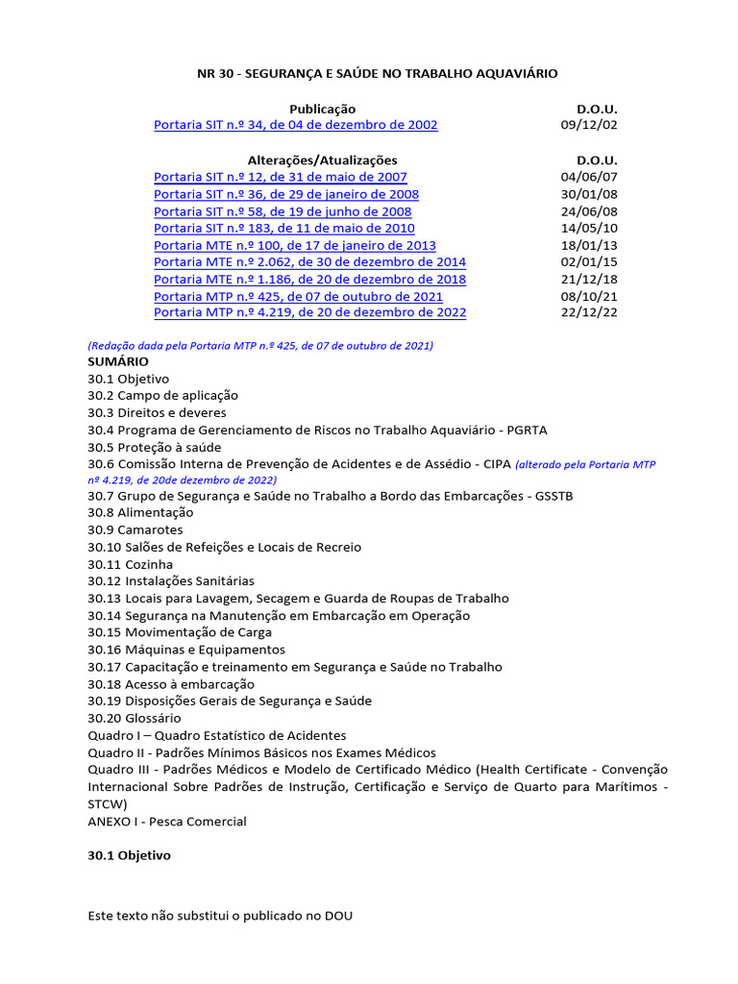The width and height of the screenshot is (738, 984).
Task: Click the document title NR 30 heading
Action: point(377,73)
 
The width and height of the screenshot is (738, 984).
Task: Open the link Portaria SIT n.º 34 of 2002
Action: point(296,125)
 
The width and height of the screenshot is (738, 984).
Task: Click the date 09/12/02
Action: point(589,125)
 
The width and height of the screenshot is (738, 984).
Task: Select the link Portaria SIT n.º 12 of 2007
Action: point(281,177)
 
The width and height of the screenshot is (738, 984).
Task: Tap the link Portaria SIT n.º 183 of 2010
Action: point(284,229)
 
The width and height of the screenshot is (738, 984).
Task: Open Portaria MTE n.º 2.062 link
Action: point(309,262)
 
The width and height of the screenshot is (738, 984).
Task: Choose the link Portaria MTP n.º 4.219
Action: point(309,312)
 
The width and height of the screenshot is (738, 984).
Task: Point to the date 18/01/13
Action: point(589,246)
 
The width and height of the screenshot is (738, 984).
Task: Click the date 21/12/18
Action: point(589,280)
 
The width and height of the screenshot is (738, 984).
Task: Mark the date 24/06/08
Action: point(589,211)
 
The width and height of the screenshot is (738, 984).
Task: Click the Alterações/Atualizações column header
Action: point(322,160)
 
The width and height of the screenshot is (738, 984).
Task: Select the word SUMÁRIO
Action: point(118,361)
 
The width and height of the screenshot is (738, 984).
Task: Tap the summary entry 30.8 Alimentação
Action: point(140,513)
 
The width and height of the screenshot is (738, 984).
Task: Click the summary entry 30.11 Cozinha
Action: point(131,564)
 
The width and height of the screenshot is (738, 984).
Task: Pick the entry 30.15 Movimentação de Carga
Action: point(180,632)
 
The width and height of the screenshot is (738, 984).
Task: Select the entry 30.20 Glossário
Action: point(135,718)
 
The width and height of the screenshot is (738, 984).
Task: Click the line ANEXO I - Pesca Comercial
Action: point(167,822)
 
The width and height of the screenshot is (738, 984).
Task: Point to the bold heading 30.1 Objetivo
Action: point(129,855)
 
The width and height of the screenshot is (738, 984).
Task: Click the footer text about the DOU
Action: point(220,916)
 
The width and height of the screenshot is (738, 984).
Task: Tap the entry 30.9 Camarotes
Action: point(135,530)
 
